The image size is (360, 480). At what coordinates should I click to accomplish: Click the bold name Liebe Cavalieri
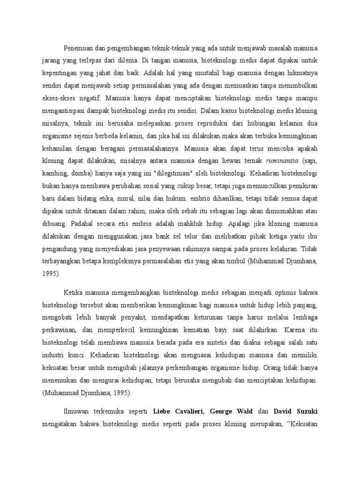(x=179, y=411)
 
